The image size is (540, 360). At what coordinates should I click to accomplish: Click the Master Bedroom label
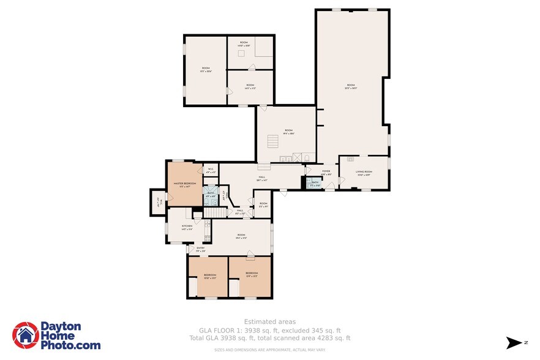pos(184,184)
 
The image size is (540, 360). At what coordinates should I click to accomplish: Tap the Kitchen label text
pos(187,227)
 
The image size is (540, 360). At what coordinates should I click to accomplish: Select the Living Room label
pos(364,172)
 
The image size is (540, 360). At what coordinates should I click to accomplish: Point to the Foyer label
pos(326,172)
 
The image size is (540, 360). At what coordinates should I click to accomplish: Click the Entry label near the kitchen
pos(200,249)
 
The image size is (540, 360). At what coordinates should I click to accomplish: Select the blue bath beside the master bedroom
pos(211,194)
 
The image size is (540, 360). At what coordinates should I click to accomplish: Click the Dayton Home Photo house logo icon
pos(26,335)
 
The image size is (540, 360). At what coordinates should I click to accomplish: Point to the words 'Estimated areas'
pos(270,321)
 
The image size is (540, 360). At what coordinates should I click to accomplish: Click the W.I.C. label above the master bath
pos(210,170)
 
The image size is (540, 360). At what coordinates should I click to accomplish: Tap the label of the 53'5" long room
pos(351,86)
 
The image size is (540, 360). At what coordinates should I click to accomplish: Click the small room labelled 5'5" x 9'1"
pos(263,204)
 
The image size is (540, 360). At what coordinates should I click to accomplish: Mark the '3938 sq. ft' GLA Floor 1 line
pos(270,330)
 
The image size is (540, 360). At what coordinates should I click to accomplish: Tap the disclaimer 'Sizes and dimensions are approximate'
pos(270,350)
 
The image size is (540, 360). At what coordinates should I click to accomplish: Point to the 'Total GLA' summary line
pos(270,338)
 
